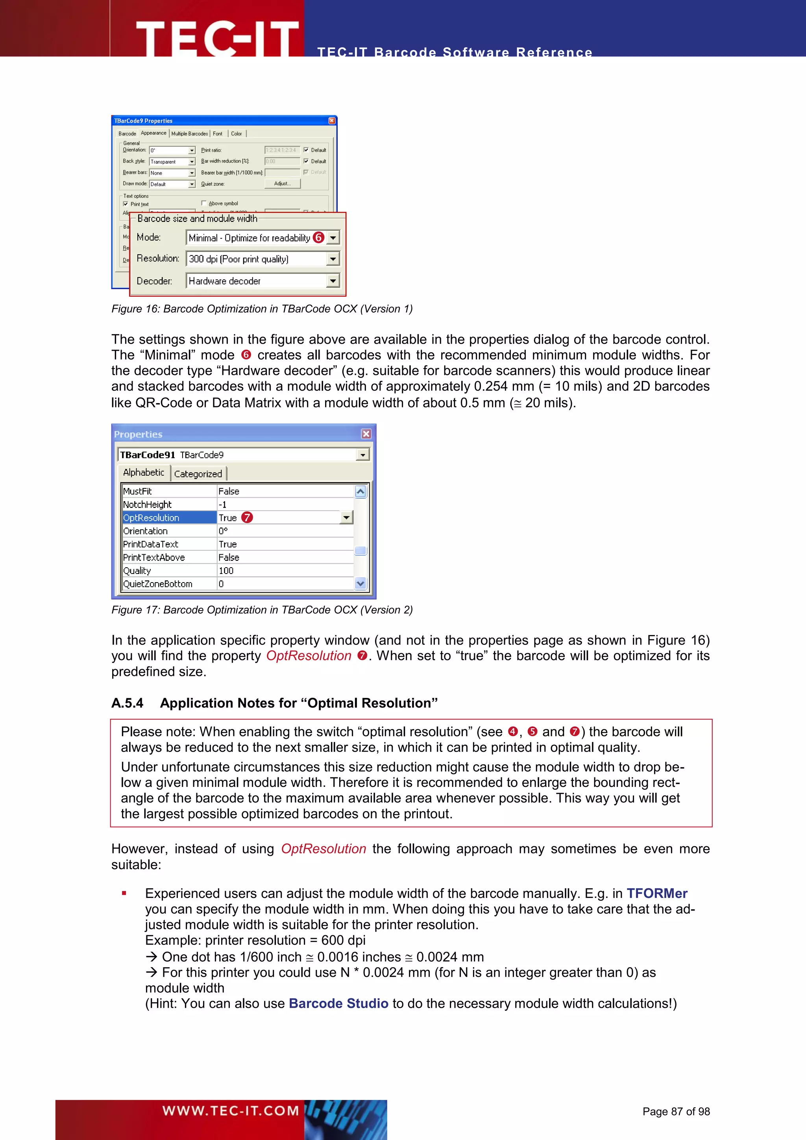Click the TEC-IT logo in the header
tap(217, 38)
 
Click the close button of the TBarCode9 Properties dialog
tap(331, 121)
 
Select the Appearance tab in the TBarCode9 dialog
tap(153, 133)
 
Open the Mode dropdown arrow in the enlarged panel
tap(333, 238)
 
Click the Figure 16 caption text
tap(262, 309)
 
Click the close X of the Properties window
tap(366, 434)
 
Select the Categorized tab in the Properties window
tap(198, 474)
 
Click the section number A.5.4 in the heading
tap(127, 703)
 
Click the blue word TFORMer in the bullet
tap(656, 893)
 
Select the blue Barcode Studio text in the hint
tap(338, 1003)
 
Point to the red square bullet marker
tap(124, 893)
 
